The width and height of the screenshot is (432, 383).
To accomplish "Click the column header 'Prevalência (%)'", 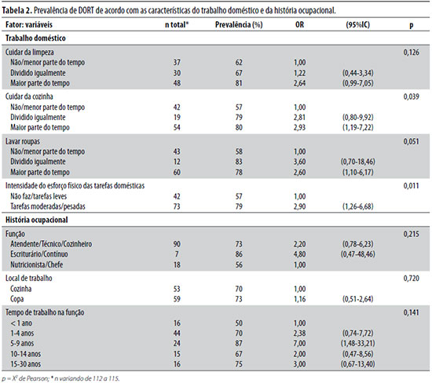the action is (239, 25).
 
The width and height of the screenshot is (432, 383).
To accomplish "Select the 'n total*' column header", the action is (177, 25).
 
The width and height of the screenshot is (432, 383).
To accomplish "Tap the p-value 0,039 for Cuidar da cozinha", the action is (411, 97).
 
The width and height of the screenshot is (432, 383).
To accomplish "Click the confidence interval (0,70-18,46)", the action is (358, 162).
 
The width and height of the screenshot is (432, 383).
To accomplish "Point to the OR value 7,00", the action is (300, 343).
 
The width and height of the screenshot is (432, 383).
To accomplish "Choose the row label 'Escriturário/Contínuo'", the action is (39, 254).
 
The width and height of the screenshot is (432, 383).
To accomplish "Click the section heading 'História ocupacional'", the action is (36, 220).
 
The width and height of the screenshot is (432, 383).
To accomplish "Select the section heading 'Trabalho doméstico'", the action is (35, 38).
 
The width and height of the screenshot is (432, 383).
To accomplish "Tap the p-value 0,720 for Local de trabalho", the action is (411, 279).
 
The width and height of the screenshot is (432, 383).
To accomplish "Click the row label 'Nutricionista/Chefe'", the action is (37, 264).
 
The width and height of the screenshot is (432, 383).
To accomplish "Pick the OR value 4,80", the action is (300, 254).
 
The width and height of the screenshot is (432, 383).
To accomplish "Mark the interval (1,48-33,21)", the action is (358, 343).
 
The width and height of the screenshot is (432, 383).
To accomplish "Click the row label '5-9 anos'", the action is (22, 343).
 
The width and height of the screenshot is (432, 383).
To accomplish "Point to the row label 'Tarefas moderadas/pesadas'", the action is (48, 206).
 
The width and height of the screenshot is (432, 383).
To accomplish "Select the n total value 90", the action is (177, 244).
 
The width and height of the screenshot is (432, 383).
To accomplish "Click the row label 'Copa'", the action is (16, 299).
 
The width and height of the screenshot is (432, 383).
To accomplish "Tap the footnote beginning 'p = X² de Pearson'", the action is (60, 378).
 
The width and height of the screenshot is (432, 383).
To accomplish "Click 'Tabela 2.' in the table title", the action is (16, 10).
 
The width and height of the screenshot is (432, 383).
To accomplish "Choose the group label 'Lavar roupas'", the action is (23, 141).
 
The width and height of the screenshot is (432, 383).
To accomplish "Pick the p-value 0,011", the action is (411, 186).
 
